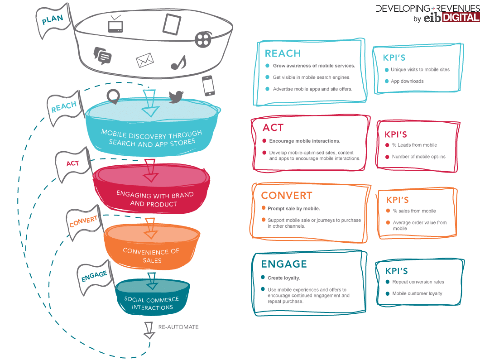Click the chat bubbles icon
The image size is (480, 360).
pos(102,55)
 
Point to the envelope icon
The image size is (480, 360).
pos(144,60)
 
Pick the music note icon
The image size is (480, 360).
pos(178,62)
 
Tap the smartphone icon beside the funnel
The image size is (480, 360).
pos(208,86)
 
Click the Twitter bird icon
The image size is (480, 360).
pos(176,96)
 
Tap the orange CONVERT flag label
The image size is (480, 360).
pos(83,221)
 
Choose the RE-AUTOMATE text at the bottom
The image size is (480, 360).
pos(178,327)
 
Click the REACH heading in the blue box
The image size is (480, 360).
pos(283,53)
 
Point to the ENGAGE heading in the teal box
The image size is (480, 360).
pos(284,264)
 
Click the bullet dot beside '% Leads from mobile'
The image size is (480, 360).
pos(387,145)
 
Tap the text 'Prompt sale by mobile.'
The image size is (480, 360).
pos(293,209)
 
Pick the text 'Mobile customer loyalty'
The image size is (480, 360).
pos(417,293)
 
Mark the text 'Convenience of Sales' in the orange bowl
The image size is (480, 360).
pos(151,255)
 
